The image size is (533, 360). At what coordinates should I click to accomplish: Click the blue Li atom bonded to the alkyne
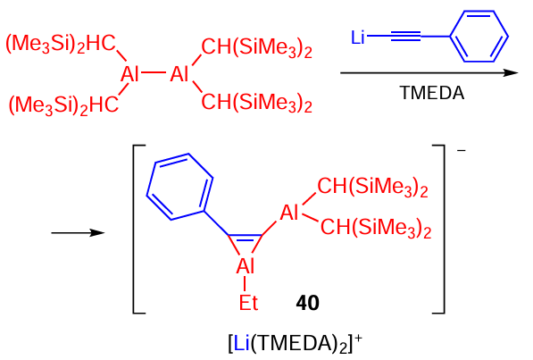click(x=358, y=38)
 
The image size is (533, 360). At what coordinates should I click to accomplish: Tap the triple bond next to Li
click(x=406, y=36)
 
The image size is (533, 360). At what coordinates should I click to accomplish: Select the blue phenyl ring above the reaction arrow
click(x=479, y=36)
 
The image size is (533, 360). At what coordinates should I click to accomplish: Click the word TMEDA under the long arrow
click(x=432, y=93)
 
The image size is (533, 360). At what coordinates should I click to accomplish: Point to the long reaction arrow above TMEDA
click(x=429, y=72)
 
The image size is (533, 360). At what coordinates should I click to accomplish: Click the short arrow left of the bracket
click(x=78, y=233)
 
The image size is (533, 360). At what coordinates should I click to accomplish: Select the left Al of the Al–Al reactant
click(x=129, y=74)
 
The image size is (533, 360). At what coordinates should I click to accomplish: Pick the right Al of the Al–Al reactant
click(x=179, y=74)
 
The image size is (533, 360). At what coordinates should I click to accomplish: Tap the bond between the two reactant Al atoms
click(x=154, y=72)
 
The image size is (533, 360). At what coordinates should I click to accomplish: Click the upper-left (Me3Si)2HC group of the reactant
click(x=61, y=45)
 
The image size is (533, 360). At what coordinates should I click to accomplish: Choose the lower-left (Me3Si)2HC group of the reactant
click(x=63, y=105)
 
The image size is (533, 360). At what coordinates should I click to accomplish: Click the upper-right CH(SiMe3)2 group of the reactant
click(x=256, y=48)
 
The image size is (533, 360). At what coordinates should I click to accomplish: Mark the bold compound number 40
click(x=307, y=303)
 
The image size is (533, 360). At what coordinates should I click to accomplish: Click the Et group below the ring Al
click(x=248, y=303)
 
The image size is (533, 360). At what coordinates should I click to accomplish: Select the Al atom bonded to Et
click(x=246, y=265)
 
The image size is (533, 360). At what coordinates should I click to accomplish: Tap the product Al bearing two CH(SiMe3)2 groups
click(x=289, y=213)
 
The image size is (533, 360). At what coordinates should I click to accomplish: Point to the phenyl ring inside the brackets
click(x=179, y=187)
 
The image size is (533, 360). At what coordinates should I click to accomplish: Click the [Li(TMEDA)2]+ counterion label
click(x=296, y=344)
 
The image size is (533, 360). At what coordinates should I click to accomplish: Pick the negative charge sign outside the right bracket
click(x=462, y=150)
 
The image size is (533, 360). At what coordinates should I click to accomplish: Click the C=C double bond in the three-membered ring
click(x=246, y=237)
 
